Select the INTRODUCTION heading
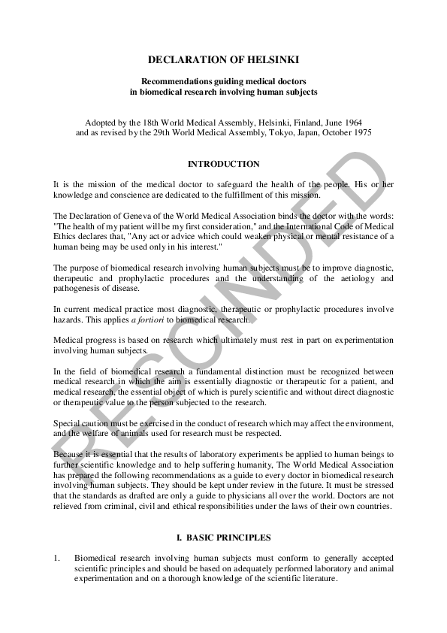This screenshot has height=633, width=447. click(223, 164)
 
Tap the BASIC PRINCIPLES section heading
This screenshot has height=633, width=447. click(228, 538)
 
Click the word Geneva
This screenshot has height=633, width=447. click(138, 216)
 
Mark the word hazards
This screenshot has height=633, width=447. click(71, 320)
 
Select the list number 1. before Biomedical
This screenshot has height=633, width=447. click(56, 558)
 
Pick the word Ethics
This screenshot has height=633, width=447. click(66, 237)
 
